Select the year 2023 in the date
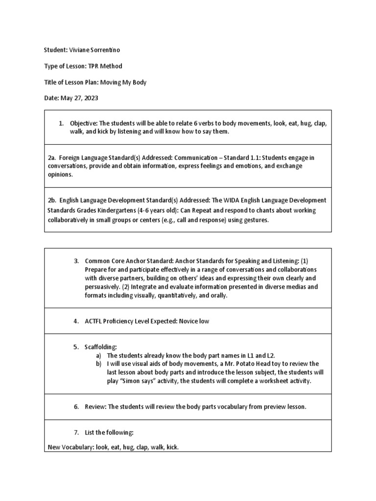[x=91, y=98]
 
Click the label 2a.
[x=52, y=158]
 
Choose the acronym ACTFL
[x=94, y=321]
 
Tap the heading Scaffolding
[x=101, y=347]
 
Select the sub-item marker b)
[x=98, y=364]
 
